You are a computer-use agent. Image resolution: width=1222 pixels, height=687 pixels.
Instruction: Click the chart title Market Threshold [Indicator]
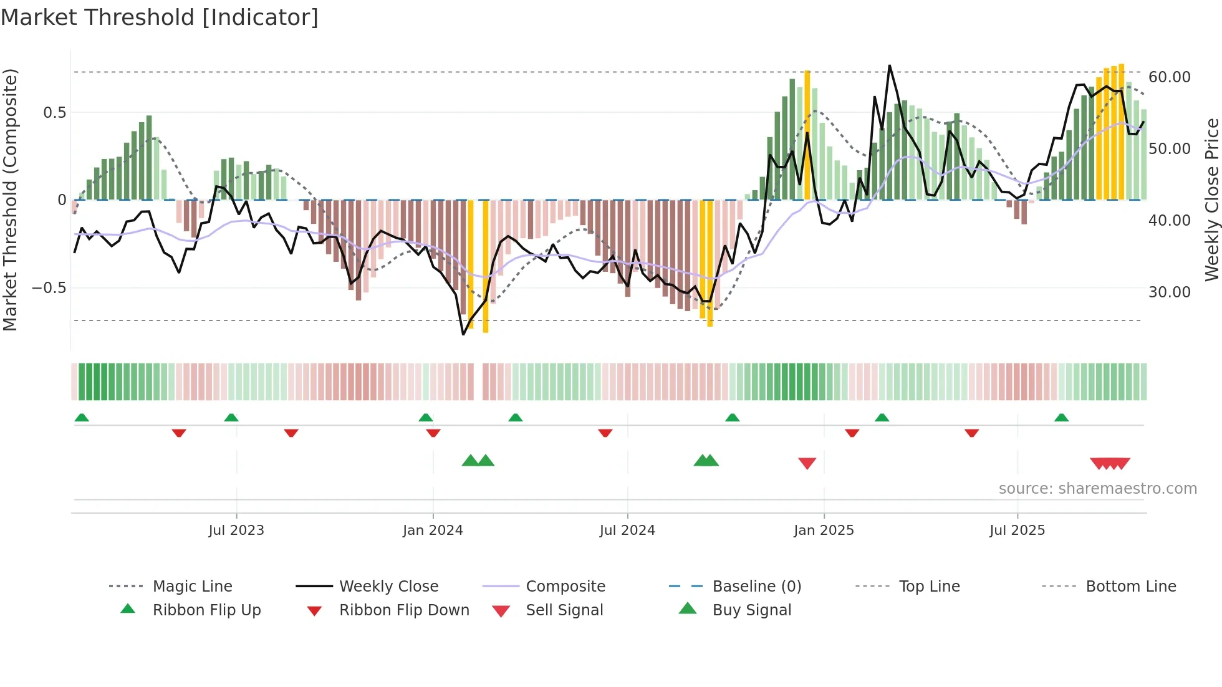(160, 17)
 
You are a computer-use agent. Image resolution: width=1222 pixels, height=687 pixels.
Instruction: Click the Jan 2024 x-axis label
(433, 530)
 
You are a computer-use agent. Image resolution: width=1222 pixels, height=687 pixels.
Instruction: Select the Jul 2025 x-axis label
(1017, 530)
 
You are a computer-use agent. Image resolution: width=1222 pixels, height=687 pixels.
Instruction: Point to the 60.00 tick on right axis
(1169, 77)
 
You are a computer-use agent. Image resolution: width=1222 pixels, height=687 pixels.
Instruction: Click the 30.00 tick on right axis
(1169, 292)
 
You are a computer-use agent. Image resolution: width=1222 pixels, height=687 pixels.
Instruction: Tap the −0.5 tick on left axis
(49, 287)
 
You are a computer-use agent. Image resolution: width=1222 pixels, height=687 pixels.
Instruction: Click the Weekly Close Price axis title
(1211, 199)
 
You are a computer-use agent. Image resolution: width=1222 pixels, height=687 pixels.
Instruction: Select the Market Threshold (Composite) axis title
(10, 199)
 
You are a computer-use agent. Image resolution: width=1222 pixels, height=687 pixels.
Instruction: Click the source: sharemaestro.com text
(1097, 488)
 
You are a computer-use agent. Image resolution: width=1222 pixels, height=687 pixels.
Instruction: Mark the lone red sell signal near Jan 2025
(807, 463)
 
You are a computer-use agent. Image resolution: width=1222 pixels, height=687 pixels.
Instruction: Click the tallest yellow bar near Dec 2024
(807, 134)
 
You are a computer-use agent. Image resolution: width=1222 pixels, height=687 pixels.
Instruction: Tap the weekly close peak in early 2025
(889, 65)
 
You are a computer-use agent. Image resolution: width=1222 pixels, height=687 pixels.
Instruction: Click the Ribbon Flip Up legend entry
(206, 610)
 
